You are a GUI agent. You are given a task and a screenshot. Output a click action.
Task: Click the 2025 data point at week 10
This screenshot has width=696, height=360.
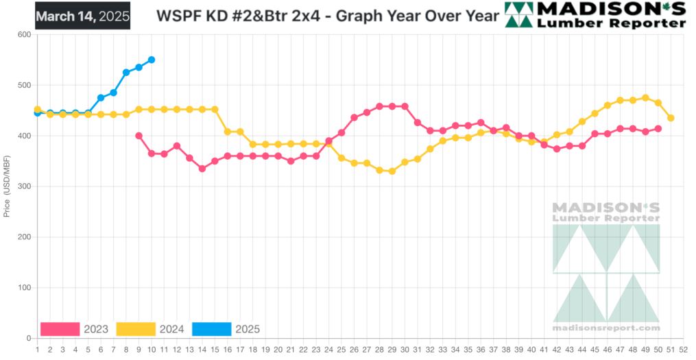[x=152, y=60]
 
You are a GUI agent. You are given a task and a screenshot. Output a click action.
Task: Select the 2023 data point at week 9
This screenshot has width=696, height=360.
[x=139, y=136]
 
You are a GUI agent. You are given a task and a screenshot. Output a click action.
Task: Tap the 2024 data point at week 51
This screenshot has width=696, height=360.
[x=671, y=118]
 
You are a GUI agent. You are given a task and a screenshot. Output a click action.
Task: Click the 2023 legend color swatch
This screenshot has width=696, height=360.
[x=60, y=329]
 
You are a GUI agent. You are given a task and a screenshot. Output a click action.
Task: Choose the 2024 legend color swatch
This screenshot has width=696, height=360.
[x=136, y=329]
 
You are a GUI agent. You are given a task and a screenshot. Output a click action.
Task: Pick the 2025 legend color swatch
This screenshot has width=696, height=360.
[x=211, y=329]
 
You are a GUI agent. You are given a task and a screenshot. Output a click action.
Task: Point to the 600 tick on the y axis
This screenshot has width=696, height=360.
[x=25, y=34]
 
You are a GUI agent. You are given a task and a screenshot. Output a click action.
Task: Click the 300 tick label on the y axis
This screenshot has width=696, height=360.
[x=25, y=187]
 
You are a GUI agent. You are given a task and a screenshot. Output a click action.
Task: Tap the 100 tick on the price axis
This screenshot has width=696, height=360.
[x=25, y=288]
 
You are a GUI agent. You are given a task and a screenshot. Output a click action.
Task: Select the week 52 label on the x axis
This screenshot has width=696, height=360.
[x=684, y=350]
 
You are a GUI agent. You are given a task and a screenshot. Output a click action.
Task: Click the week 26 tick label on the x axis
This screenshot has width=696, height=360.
[x=354, y=350]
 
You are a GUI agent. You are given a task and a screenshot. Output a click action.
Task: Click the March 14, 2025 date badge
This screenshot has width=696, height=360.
[x=82, y=16]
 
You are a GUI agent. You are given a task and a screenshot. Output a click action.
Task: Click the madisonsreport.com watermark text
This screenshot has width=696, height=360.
[x=606, y=328]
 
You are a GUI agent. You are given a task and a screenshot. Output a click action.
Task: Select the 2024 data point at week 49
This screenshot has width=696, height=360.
[x=645, y=97]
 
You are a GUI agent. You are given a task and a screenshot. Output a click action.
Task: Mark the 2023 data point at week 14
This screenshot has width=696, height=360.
[x=202, y=169]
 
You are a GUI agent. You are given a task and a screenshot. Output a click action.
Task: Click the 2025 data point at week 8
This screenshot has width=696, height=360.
[x=126, y=73]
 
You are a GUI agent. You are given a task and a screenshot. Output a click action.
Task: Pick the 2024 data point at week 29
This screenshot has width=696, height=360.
[x=392, y=171]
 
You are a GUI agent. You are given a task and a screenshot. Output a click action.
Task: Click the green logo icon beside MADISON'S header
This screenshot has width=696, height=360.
[x=518, y=14]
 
